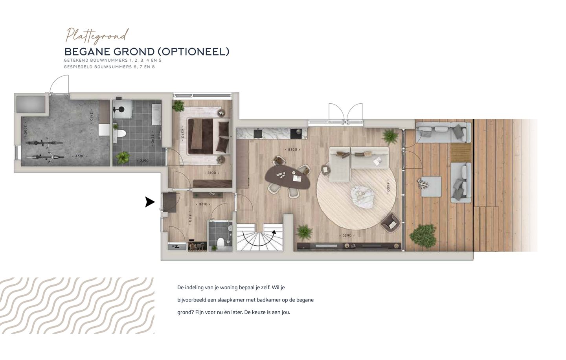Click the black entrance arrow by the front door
click(149, 202)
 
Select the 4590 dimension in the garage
click(80, 156)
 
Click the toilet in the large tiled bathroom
click(121, 134)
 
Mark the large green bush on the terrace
click(423, 235)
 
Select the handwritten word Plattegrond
click(97, 35)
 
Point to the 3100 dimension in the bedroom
click(211, 173)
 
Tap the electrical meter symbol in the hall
click(176, 246)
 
